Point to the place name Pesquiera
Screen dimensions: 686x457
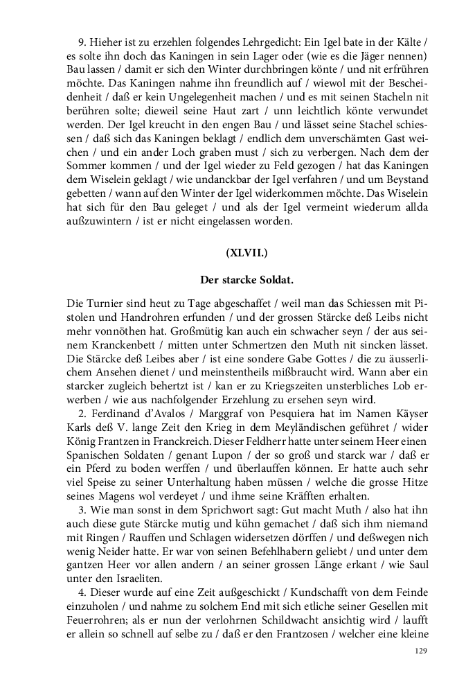click(x=295, y=414)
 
